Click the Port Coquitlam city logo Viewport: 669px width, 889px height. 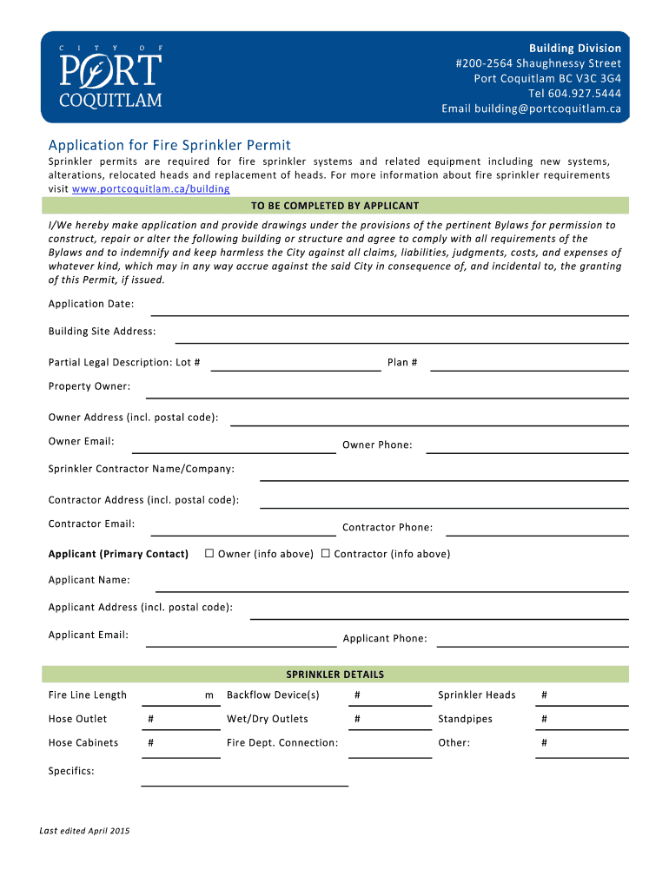coord(110,76)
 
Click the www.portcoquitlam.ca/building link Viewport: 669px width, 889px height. coord(151,188)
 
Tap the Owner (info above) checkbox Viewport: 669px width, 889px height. coord(209,554)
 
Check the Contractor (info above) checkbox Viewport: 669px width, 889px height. coord(326,554)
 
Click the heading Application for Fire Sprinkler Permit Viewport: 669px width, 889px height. coord(169,145)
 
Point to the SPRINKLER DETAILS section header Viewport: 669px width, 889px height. coord(335,675)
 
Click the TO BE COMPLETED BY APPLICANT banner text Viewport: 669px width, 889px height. coord(335,206)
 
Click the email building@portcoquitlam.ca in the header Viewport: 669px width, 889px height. coord(531,109)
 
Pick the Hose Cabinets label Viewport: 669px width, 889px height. coord(83,743)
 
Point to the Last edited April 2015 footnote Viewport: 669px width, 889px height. coord(84,831)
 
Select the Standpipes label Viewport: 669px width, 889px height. coord(465,719)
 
